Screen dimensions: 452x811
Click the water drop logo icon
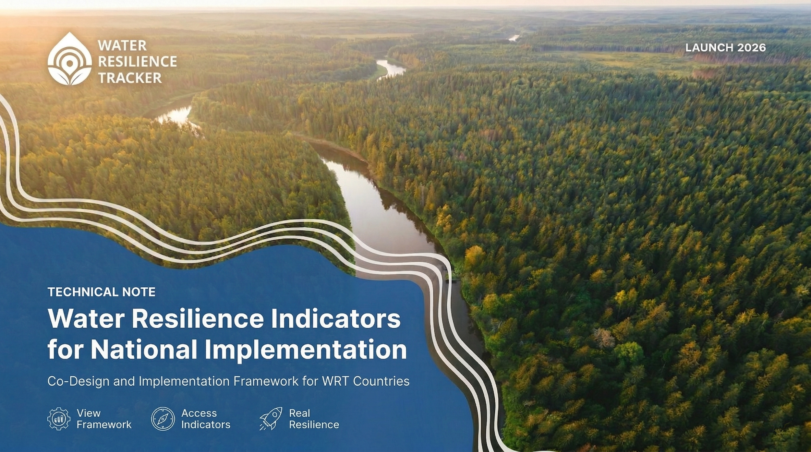[x=69, y=59]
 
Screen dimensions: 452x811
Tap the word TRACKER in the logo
[x=130, y=78]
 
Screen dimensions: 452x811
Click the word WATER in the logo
[x=122, y=46]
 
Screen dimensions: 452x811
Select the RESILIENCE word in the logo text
[x=138, y=62]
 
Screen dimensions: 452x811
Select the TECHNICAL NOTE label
[x=102, y=292]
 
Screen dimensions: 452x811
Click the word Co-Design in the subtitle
[x=78, y=381]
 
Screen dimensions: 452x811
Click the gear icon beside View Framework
[x=59, y=419]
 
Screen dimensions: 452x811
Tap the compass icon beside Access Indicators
[x=163, y=419]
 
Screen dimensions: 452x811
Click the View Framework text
[x=104, y=419]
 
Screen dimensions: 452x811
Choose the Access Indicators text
[x=206, y=419]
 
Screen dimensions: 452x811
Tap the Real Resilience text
[x=314, y=419]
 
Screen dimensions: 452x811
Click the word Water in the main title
[x=86, y=319]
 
